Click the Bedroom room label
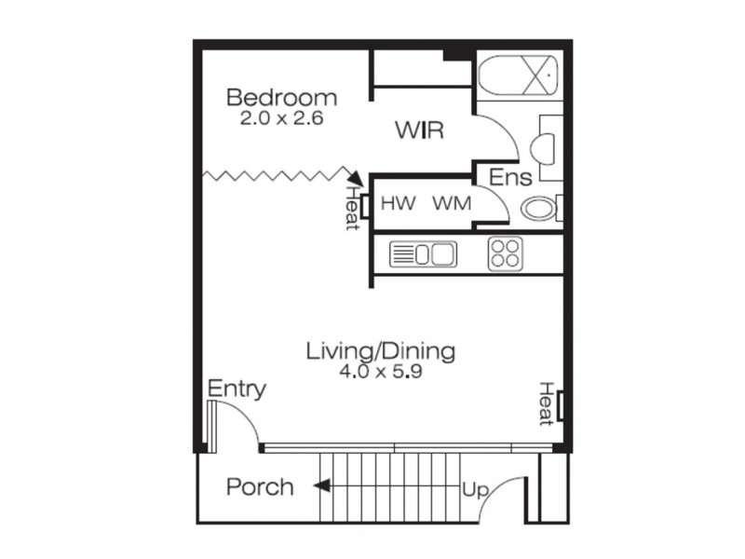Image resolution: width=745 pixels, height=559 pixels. click(281, 98)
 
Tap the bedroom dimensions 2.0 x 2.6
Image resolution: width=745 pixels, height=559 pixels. click(281, 119)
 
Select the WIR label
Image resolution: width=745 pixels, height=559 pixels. click(418, 130)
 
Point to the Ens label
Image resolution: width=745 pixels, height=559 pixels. click(511, 177)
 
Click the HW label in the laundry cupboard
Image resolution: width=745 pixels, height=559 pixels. click(397, 202)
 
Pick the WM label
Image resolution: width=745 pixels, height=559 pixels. click(452, 202)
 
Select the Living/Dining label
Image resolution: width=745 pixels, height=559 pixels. click(381, 352)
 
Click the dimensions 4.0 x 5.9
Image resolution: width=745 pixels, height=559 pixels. click(381, 372)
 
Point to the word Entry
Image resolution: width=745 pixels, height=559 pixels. click(237, 389)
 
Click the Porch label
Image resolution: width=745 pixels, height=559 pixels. click(261, 486)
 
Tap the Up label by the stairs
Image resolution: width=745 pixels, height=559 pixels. click(474, 489)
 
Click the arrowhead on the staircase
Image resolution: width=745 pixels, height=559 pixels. click(319, 485)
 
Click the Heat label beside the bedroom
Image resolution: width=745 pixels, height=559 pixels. click(352, 208)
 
